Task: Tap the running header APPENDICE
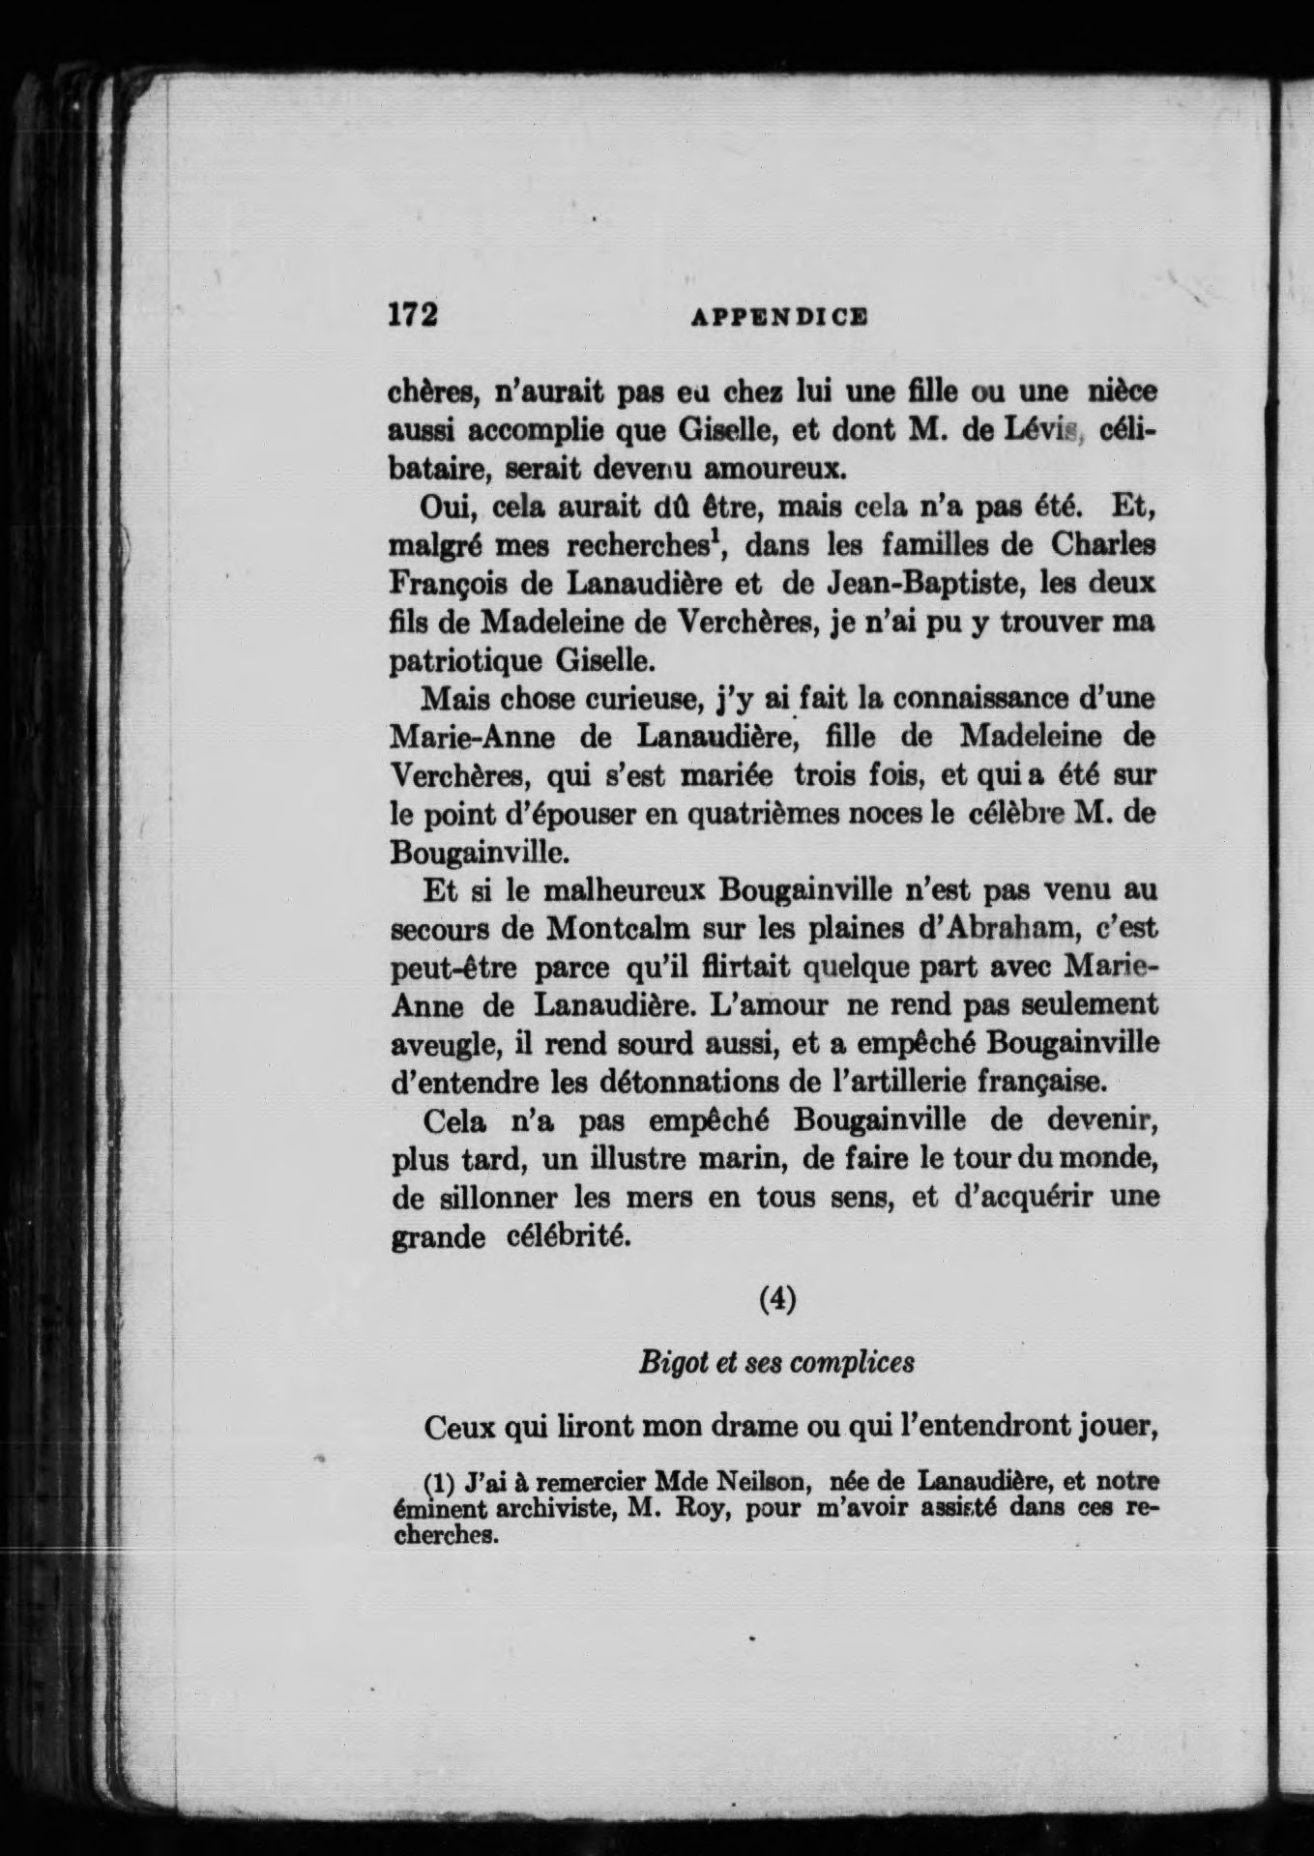pyautogui.click(x=780, y=315)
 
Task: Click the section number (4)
pyautogui.click(x=776, y=1300)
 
